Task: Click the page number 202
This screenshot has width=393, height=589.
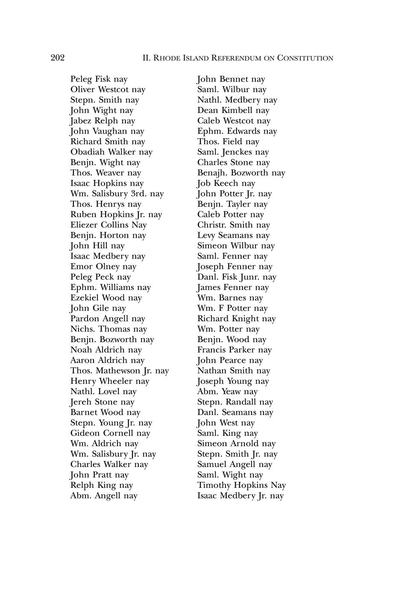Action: coord(58,58)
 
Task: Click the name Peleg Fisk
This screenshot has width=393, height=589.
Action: coord(91,79)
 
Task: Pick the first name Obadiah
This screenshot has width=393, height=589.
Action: coord(88,152)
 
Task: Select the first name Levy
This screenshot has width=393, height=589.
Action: coord(206,235)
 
